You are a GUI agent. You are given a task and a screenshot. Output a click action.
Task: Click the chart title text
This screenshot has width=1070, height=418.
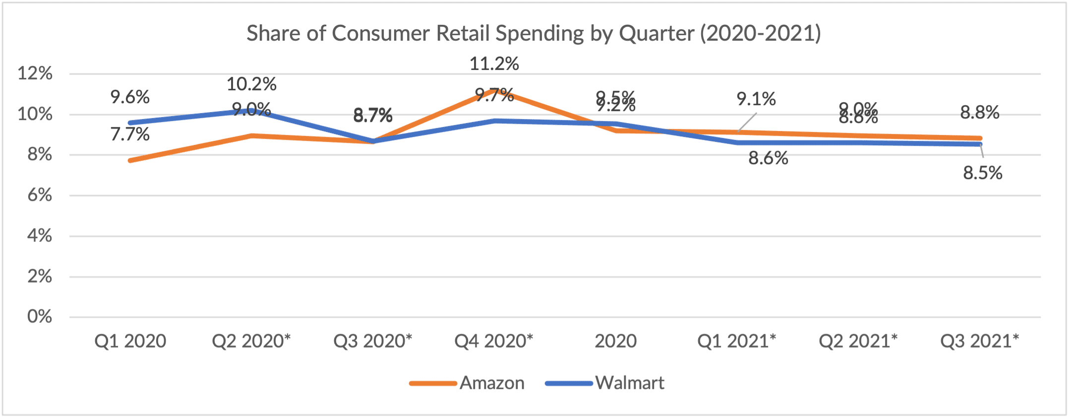[x=534, y=34]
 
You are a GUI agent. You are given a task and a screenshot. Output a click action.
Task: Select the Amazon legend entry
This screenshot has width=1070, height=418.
[x=491, y=383]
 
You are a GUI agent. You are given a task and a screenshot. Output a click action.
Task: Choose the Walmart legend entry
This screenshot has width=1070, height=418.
[x=629, y=383]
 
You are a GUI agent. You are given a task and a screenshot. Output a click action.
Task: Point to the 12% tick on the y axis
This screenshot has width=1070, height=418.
[x=35, y=73]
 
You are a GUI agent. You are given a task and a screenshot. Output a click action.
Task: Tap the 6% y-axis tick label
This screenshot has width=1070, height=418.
[x=40, y=195]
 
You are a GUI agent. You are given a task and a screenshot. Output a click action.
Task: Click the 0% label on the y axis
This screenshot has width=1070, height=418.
[x=40, y=316]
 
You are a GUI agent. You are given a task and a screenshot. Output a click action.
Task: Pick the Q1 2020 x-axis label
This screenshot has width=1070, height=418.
[x=130, y=341]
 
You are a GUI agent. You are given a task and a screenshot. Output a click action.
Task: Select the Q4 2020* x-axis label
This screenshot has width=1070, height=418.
[x=494, y=341]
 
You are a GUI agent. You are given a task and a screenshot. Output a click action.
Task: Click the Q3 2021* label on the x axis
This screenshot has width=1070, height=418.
[x=979, y=341]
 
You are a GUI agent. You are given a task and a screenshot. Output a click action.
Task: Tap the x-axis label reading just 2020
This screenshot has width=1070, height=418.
[x=615, y=341]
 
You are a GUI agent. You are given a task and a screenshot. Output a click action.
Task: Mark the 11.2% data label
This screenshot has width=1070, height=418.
[x=494, y=63]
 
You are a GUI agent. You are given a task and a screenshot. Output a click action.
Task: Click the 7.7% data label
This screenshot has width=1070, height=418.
[x=130, y=134]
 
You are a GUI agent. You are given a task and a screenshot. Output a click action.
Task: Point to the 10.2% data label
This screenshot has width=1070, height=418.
[x=251, y=84]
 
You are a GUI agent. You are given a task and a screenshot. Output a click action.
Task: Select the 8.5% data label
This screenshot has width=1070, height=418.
[x=982, y=173]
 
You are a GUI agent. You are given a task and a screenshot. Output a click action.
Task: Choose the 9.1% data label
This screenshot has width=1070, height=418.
[x=756, y=99]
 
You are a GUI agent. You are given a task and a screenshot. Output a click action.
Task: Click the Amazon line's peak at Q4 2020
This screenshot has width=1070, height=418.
[x=494, y=90]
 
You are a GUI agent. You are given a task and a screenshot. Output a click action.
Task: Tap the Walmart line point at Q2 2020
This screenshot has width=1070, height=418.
[x=251, y=111]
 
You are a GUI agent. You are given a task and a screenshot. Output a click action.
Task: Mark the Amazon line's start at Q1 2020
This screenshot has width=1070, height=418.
[x=130, y=161]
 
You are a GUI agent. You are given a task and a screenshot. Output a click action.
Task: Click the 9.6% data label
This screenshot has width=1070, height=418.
[x=130, y=97]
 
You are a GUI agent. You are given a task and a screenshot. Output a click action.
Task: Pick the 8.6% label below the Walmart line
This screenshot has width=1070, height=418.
[x=768, y=159]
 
